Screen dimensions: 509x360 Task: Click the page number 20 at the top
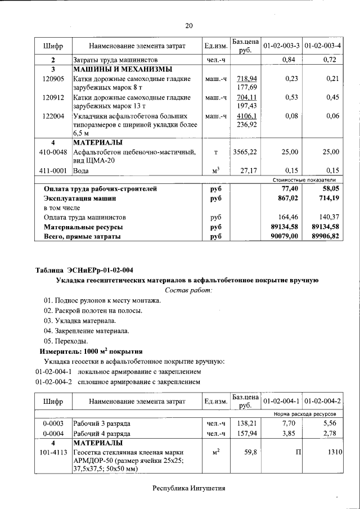[189, 25]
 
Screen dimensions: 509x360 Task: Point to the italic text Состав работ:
[189, 290]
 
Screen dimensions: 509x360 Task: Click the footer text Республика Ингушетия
[189, 488]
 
